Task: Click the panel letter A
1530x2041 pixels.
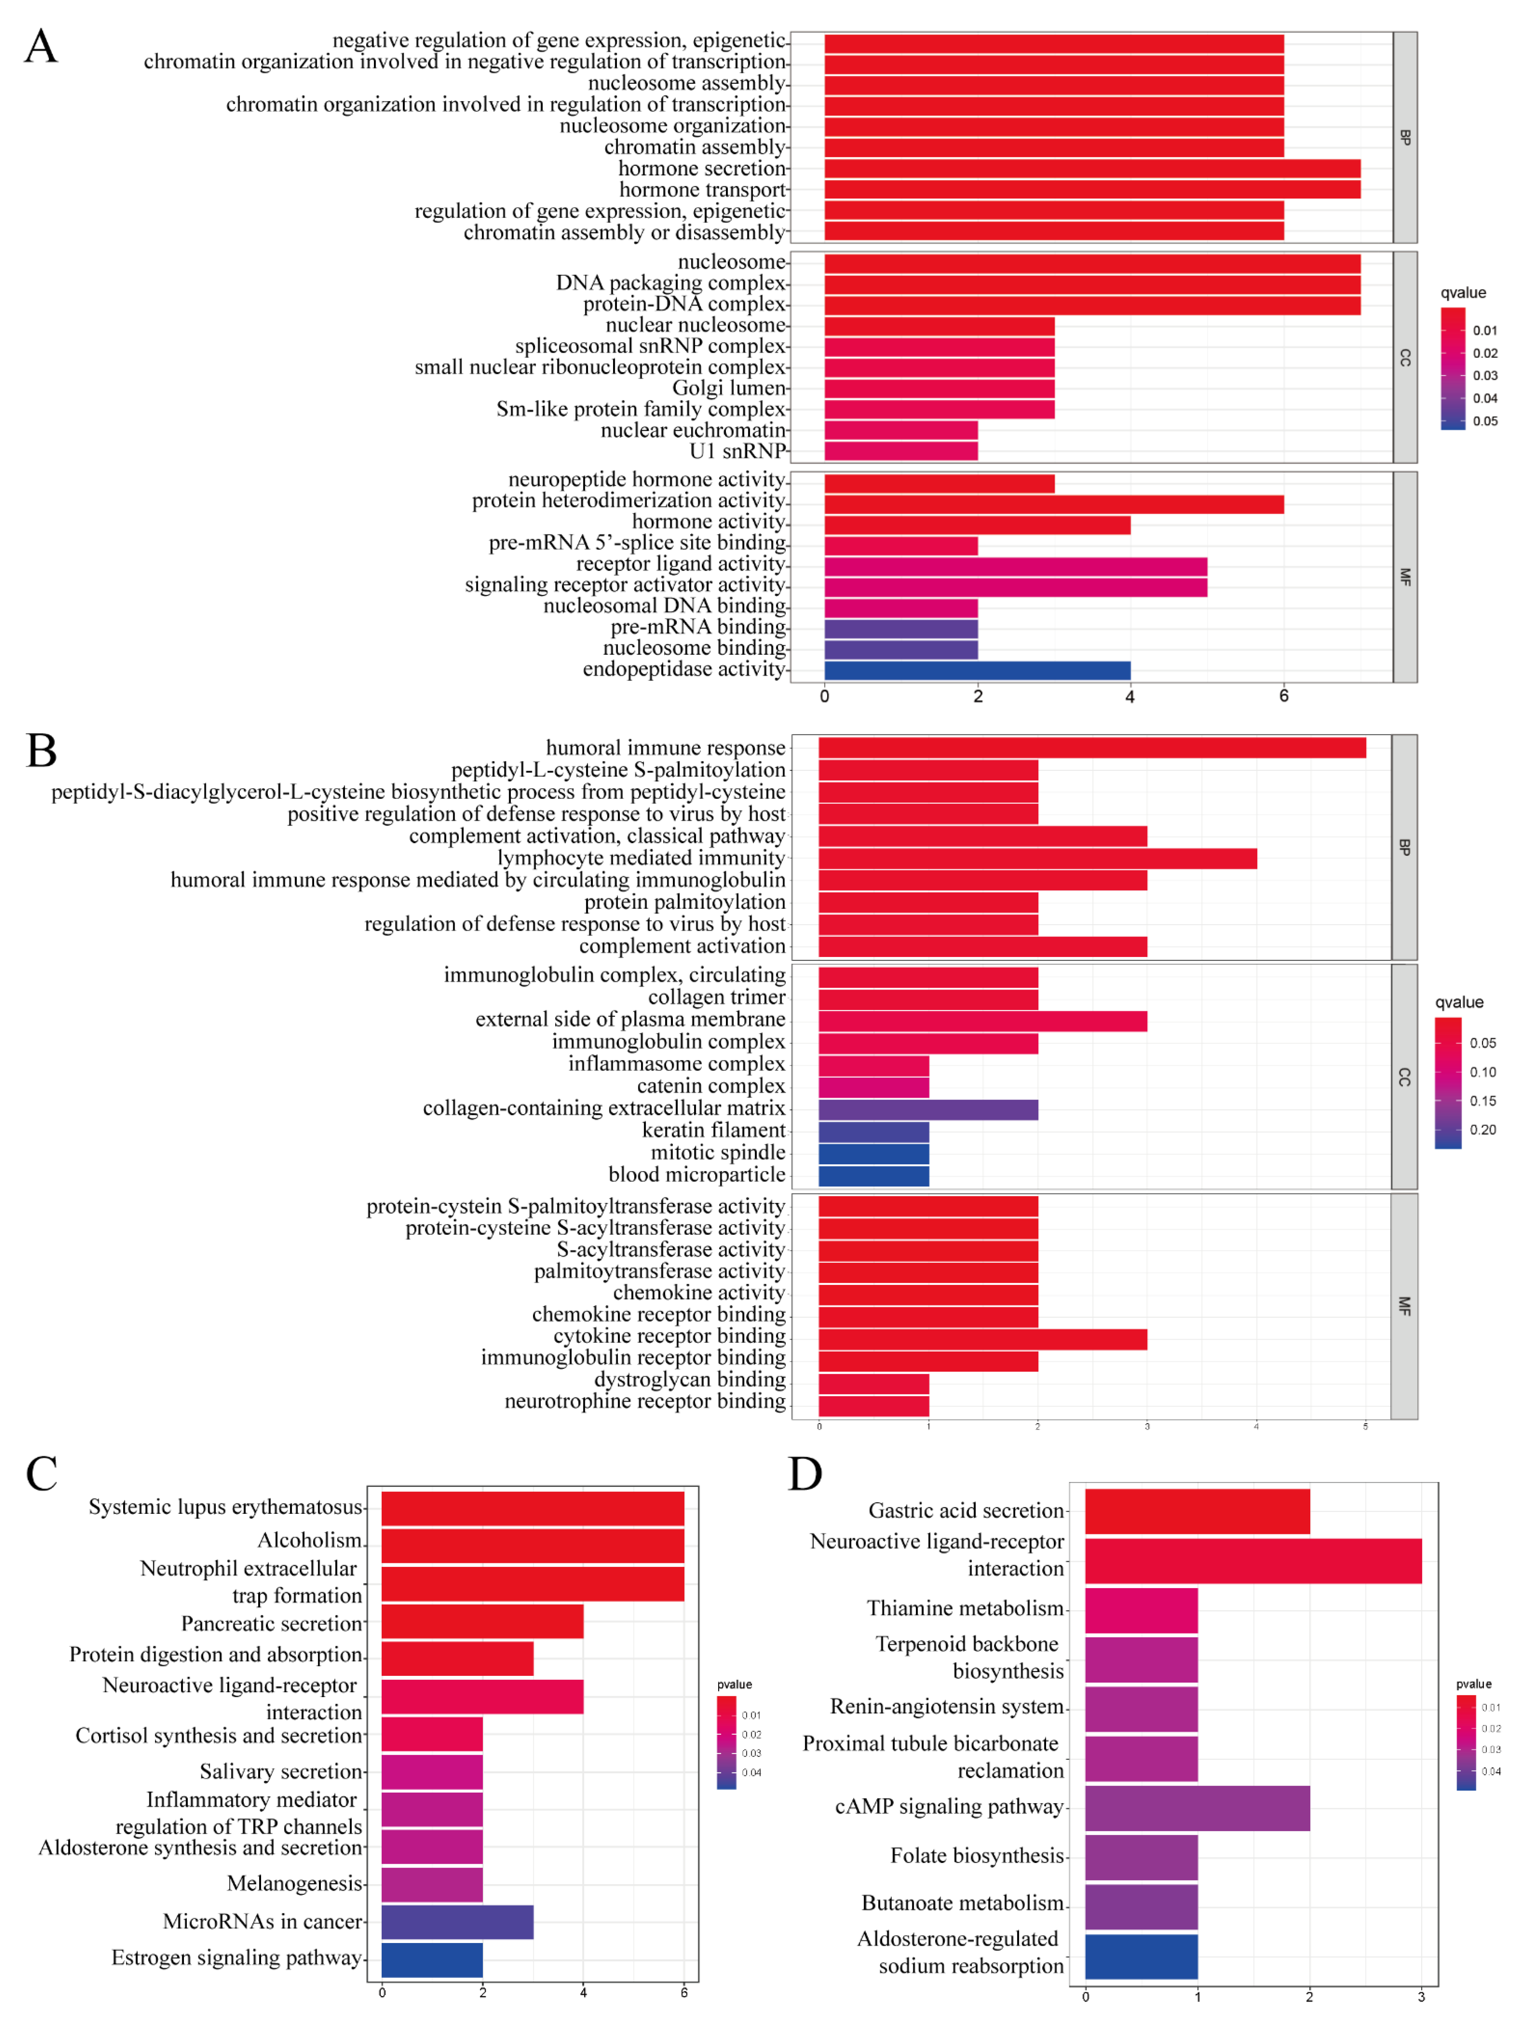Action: click(41, 46)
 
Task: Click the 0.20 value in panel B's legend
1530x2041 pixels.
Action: click(1482, 1130)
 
